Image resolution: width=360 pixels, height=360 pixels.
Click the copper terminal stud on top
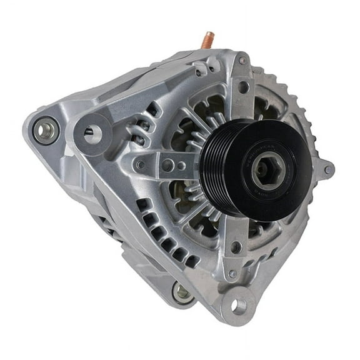pyautogui.click(x=205, y=41)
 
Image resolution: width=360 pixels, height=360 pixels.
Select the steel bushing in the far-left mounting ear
pyautogui.click(x=46, y=130)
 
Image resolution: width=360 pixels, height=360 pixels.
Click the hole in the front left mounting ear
pyautogui.click(x=92, y=132)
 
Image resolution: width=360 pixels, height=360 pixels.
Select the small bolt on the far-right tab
pyautogui.click(x=327, y=169)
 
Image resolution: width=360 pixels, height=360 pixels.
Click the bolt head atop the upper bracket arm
pyautogui.click(x=242, y=61)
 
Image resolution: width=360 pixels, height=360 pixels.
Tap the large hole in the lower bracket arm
pyautogui.click(x=236, y=247)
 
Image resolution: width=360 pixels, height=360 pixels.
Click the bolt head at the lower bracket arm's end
pyautogui.click(x=232, y=273)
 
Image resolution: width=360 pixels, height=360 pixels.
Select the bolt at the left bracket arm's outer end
pyautogui.click(x=140, y=164)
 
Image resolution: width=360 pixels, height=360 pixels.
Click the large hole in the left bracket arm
pyautogui.click(x=167, y=165)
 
